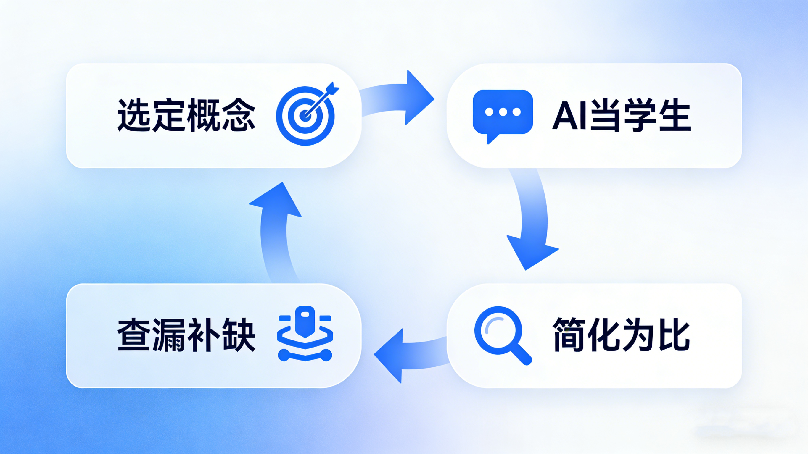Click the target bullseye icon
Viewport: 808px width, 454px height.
tap(305, 116)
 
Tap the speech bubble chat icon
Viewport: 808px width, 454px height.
tap(503, 113)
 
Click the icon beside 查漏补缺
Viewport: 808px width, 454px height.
tap(305, 334)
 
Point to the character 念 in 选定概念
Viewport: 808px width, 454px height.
tap(238, 115)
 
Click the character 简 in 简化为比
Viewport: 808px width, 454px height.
tap(568, 335)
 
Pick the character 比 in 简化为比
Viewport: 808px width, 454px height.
tap(675, 335)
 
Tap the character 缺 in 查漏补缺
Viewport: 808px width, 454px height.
tap(238, 335)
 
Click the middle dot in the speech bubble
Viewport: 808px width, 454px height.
tap(503, 112)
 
